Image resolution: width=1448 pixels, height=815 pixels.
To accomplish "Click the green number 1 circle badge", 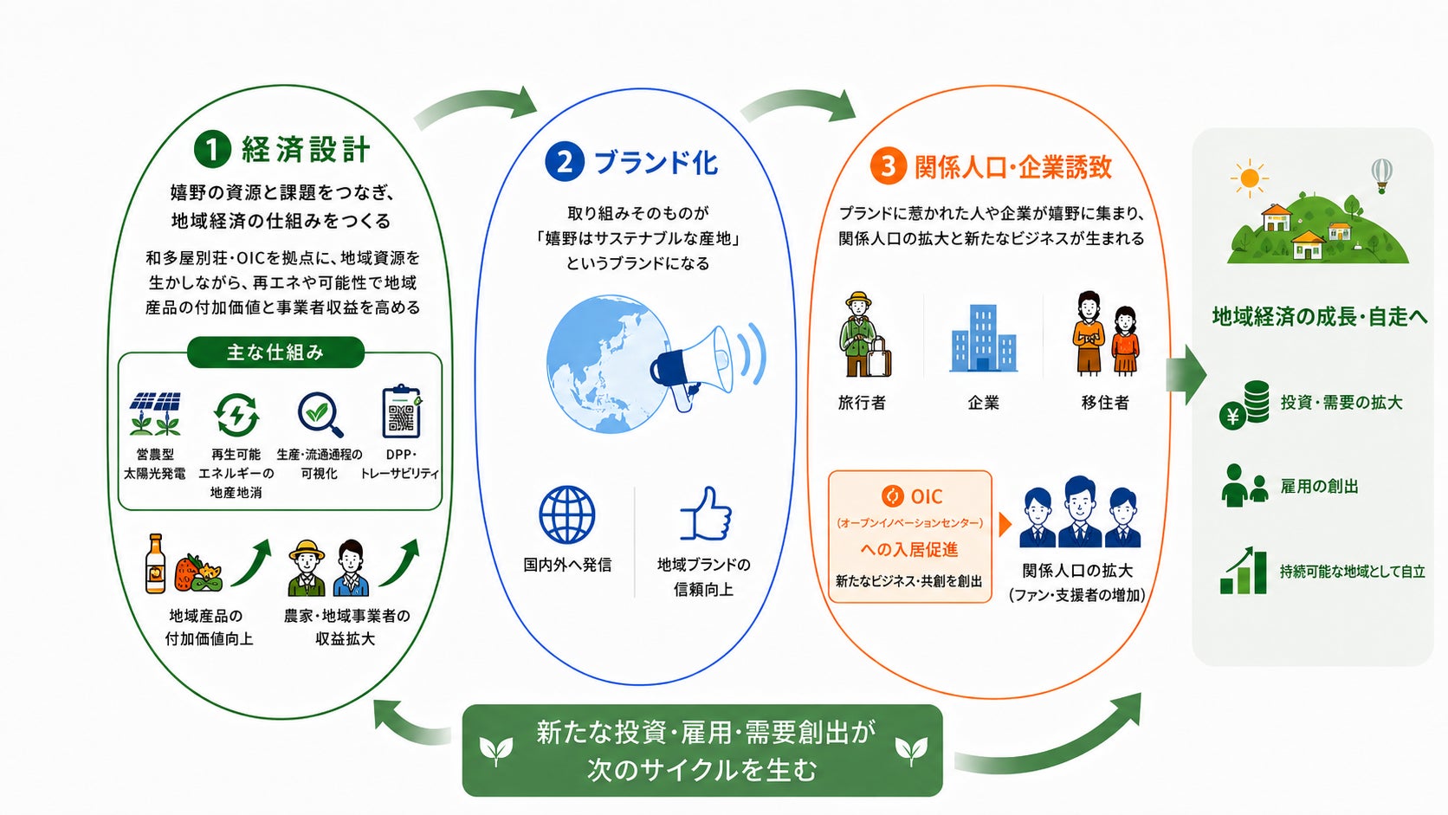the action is coord(213,149).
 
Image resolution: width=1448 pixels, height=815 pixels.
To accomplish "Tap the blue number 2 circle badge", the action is coord(565,162).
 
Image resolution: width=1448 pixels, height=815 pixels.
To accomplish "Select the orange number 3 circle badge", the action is coord(889,166).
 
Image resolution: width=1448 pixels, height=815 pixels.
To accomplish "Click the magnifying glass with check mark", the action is coord(320,414).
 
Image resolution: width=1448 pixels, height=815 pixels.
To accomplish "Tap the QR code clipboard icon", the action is coord(402,411).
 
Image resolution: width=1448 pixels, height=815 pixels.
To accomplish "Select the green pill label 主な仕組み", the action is coord(275,353).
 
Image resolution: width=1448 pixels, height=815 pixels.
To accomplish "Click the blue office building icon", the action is coord(983,338).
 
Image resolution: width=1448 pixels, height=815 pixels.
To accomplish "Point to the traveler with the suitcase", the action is coord(864,334).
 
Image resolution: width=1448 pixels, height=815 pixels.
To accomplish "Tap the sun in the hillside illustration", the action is coord(1250,178).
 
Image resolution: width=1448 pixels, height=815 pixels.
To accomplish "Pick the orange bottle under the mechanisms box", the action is coord(155,564).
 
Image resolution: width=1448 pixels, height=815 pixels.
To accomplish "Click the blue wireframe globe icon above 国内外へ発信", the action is coord(567,514).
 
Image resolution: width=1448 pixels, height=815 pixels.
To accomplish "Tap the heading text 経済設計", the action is coord(307,149).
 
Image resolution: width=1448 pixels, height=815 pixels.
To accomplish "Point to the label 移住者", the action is coord(1105,404).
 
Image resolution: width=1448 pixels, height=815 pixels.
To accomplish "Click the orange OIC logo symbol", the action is coord(893,496).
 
